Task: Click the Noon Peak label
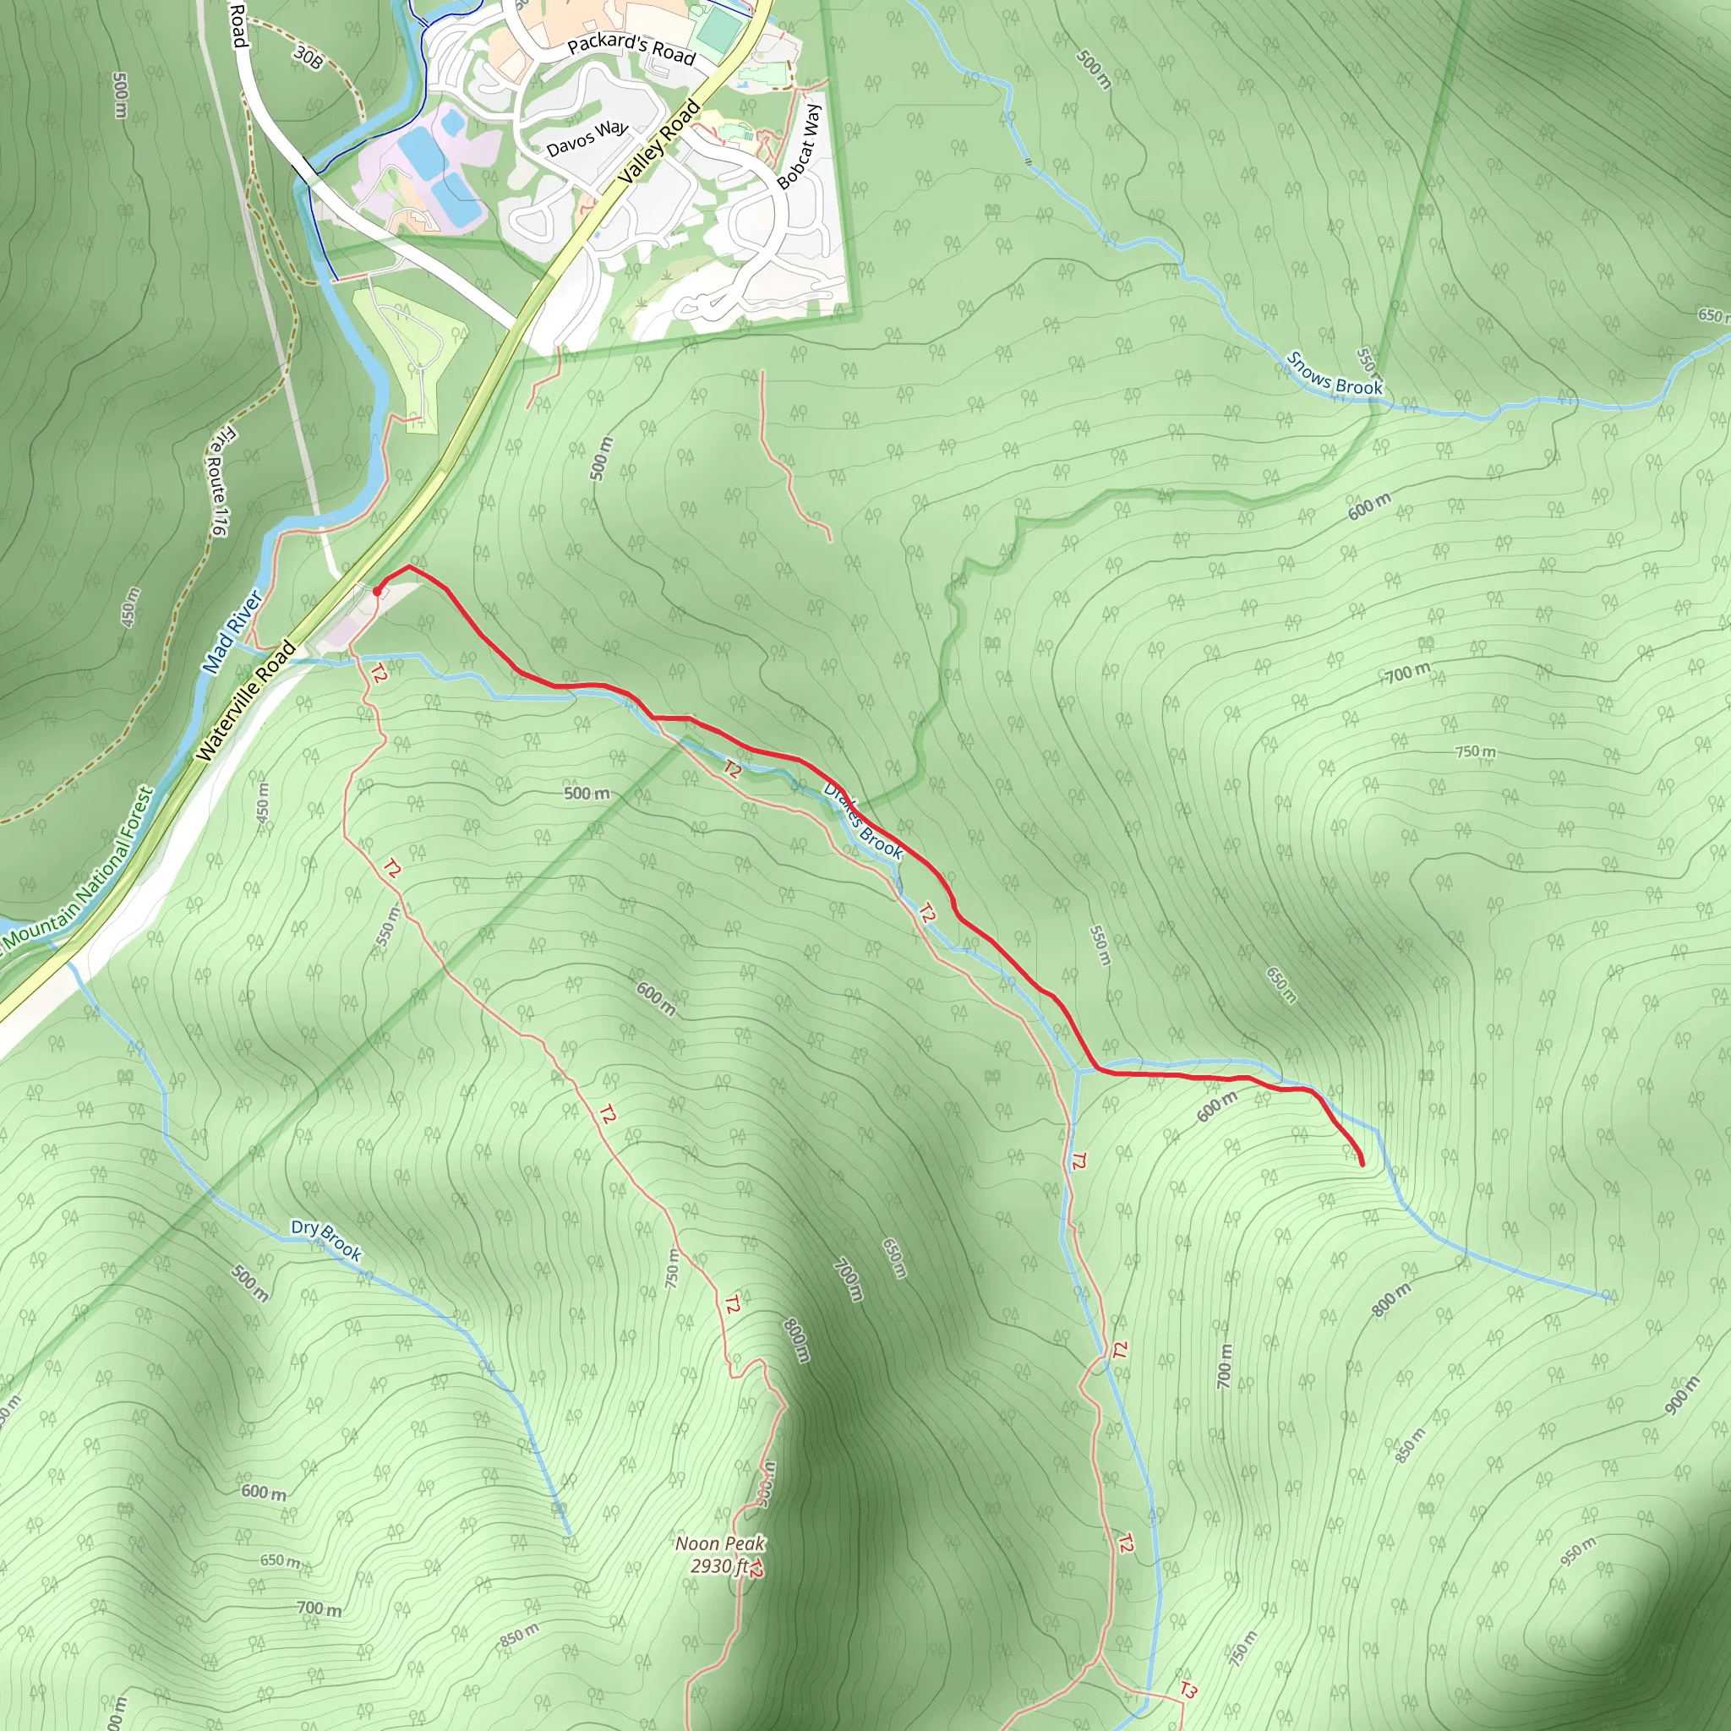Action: pyautogui.click(x=720, y=1543)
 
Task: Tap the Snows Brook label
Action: pyautogui.click(x=1334, y=374)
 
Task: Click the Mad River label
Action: pyautogui.click(x=232, y=631)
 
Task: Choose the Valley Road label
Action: pyautogui.click(x=658, y=144)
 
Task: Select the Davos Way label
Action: pyautogui.click(x=587, y=139)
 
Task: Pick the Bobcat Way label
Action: pyautogui.click(x=800, y=146)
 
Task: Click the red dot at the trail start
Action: pyautogui.click(x=377, y=592)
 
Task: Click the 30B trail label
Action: pyautogui.click(x=308, y=58)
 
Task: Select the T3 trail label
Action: pyautogui.click(x=1188, y=1690)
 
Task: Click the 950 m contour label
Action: pyautogui.click(x=1578, y=1551)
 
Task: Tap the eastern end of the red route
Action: pyautogui.click(x=1362, y=1164)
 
